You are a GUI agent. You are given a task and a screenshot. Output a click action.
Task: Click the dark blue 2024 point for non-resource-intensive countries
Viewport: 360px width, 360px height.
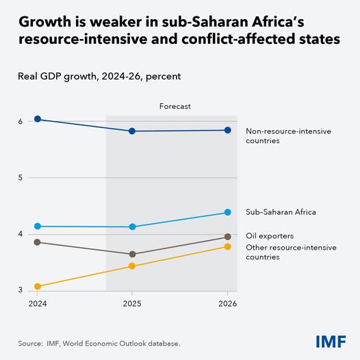(x=38, y=119)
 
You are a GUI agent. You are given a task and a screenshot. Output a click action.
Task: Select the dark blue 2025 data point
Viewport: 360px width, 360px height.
(x=132, y=131)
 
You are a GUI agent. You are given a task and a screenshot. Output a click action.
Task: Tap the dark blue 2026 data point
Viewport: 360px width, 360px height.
(x=227, y=130)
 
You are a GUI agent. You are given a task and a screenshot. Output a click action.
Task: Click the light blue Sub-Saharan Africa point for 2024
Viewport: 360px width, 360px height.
(x=38, y=227)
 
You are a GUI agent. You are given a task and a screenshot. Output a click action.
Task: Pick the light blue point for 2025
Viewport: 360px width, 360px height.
(x=132, y=227)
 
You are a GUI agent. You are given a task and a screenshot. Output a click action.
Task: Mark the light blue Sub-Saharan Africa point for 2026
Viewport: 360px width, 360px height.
(x=227, y=212)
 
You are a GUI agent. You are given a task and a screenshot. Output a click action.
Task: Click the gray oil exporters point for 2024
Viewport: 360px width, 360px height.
(x=38, y=242)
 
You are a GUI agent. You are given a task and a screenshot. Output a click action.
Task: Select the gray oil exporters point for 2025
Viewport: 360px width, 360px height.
(x=132, y=255)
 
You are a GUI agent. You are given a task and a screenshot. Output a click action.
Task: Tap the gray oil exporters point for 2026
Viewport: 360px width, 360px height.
(x=227, y=237)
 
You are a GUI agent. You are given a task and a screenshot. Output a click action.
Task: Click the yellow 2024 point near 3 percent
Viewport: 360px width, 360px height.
(x=38, y=286)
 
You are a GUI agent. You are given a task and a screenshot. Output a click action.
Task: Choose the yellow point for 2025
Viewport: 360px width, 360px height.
(x=132, y=266)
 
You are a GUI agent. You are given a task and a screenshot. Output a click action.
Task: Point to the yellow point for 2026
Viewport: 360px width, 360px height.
(x=227, y=246)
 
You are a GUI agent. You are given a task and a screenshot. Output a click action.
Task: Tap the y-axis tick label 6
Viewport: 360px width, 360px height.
(x=21, y=122)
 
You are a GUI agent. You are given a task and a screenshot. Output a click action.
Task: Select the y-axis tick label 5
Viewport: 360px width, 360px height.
(x=21, y=178)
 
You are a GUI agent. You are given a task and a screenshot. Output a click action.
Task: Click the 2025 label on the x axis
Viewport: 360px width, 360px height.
(x=132, y=303)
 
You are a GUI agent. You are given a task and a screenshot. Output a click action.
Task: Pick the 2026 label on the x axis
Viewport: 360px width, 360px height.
(x=227, y=303)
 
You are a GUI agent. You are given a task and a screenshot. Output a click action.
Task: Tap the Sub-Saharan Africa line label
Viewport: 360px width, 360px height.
(x=281, y=212)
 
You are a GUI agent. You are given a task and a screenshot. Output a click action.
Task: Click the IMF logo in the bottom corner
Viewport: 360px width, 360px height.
(x=331, y=342)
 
